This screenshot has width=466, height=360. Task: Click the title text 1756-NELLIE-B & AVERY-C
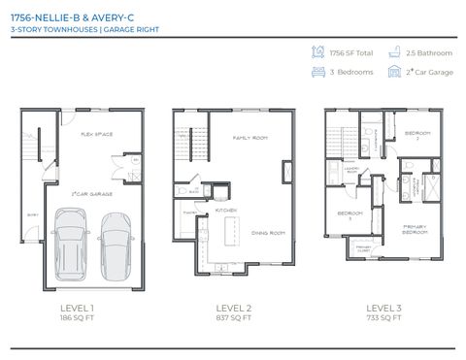tap(69, 16)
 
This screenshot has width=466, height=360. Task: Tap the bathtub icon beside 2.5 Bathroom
tap(395, 51)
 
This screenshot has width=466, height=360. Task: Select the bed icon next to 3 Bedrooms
tap(317, 72)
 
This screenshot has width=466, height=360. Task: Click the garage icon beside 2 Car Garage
tap(395, 72)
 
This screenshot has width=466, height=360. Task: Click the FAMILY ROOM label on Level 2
tap(249, 138)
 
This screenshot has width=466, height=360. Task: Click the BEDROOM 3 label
tap(349, 215)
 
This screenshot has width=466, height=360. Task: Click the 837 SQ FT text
tap(233, 317)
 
